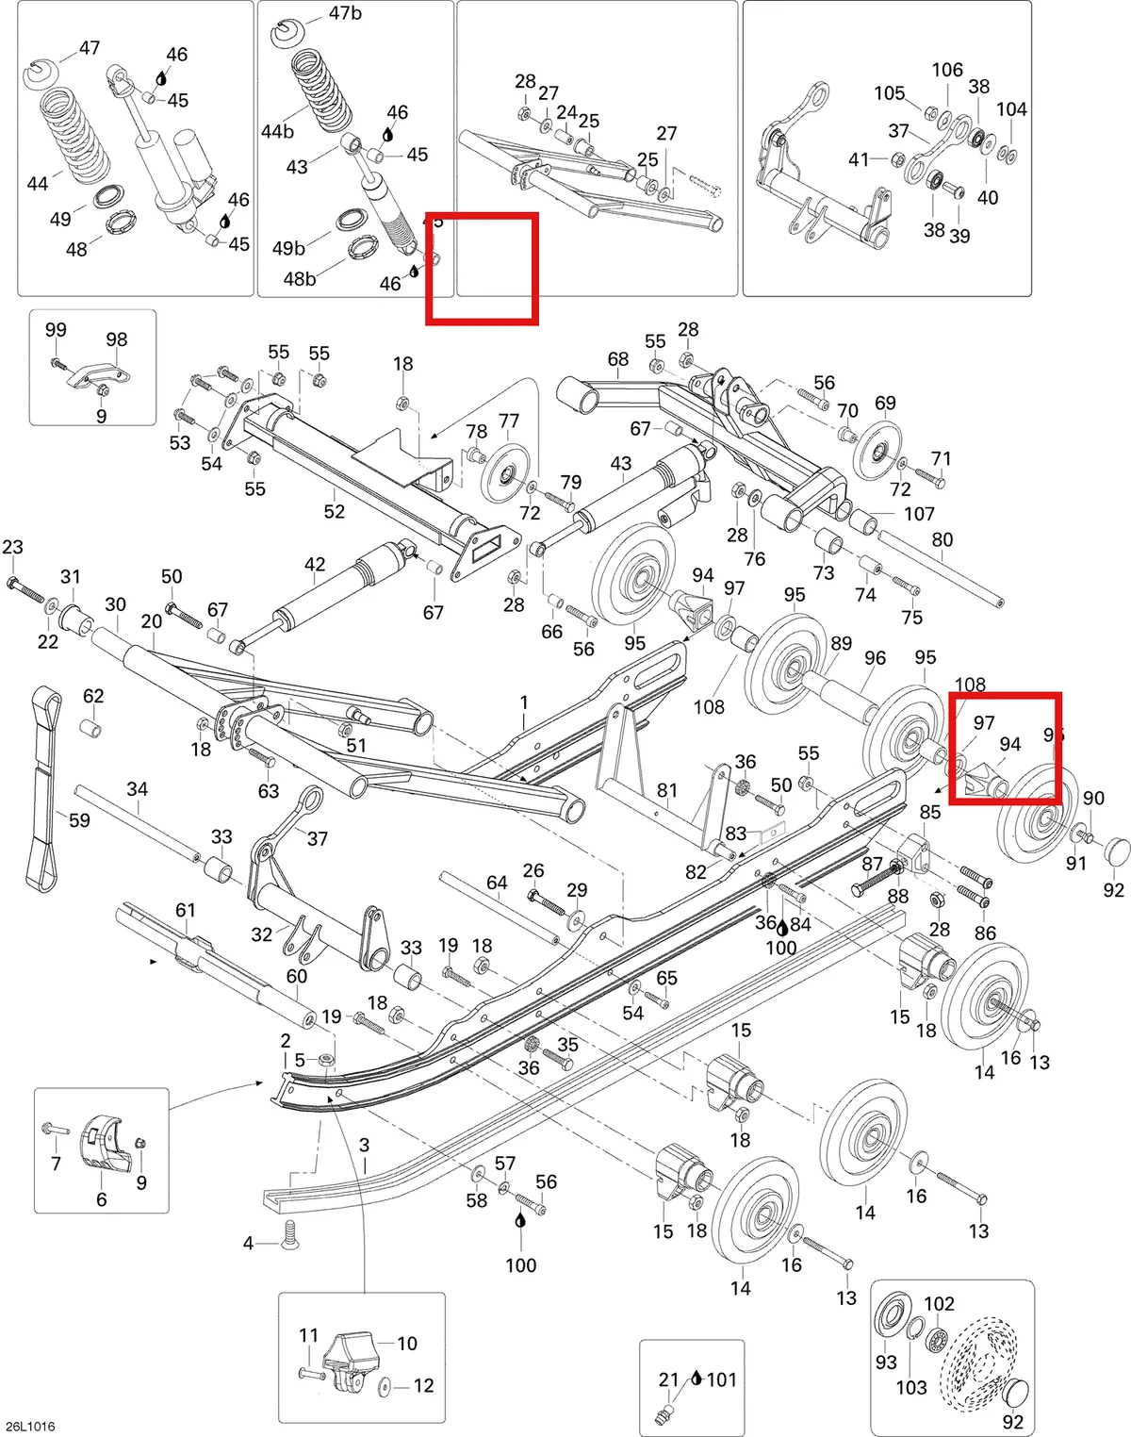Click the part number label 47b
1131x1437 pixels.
click(345, 12)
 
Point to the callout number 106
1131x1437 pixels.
click(947, 70)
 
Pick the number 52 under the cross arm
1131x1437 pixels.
click(335, 511)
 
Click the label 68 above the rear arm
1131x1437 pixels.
click(617, 359)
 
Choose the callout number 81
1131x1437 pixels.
click(667, 790)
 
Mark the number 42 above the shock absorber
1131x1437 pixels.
click(315, 564)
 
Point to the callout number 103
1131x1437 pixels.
click(911, 1388)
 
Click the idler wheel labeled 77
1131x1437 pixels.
click(504, 475)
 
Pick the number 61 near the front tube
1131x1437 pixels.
click(185, 910)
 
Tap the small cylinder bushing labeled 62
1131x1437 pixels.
click(91, 728)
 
